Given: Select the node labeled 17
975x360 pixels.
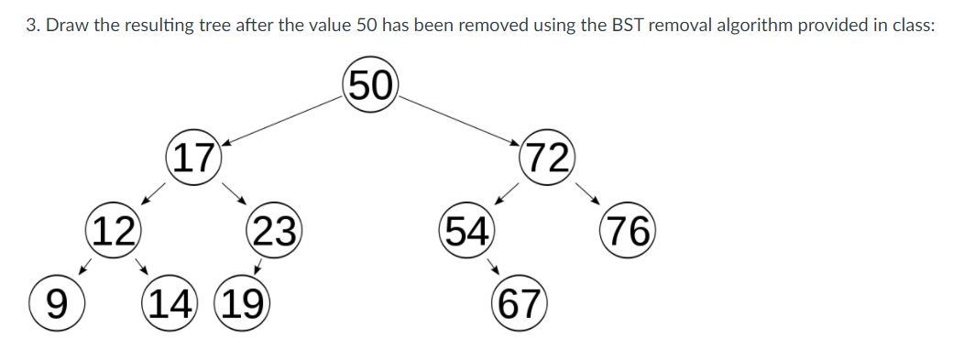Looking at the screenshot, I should (194, 158).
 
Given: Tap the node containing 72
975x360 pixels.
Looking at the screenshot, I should (546, 158).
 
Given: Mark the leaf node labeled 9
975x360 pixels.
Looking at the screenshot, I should (55, 302).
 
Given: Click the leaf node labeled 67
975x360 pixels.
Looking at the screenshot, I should (520, 302).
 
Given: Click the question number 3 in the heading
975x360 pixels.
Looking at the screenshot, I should (31, 25).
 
